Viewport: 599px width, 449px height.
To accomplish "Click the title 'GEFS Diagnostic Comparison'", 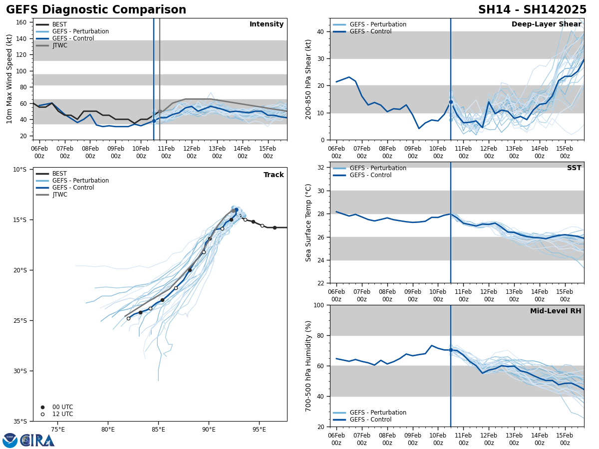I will pos(96,10).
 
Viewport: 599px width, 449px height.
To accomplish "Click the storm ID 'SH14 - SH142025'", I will pos(532,10).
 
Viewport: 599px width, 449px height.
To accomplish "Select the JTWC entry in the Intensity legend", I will pos(59,45).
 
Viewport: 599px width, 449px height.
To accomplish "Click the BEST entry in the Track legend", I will pos(59,174).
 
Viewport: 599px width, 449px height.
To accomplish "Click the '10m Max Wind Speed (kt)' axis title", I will pos(9,79).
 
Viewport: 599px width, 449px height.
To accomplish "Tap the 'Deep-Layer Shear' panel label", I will pos(546,24).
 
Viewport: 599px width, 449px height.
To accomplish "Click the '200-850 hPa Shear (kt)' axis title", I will pos(308,79).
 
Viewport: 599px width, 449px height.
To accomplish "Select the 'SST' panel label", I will pos(574,168).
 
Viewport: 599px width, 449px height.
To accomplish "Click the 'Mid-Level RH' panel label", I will pos(556,311).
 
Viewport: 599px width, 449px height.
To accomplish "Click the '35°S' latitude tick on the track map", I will pos(20,421).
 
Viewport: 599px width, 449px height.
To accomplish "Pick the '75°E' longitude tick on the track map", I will pos(58,430).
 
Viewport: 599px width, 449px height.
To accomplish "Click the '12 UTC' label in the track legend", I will pos(62,414).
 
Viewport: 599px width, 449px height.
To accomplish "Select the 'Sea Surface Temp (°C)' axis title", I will pos(308,223).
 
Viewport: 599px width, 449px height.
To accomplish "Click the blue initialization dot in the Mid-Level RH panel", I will pos(451,350).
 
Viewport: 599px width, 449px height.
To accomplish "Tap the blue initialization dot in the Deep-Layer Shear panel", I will pos(451,102).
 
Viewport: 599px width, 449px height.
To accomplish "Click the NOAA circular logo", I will pos(10,441).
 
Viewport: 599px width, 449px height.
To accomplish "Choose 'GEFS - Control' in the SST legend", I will pos(370,175).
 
